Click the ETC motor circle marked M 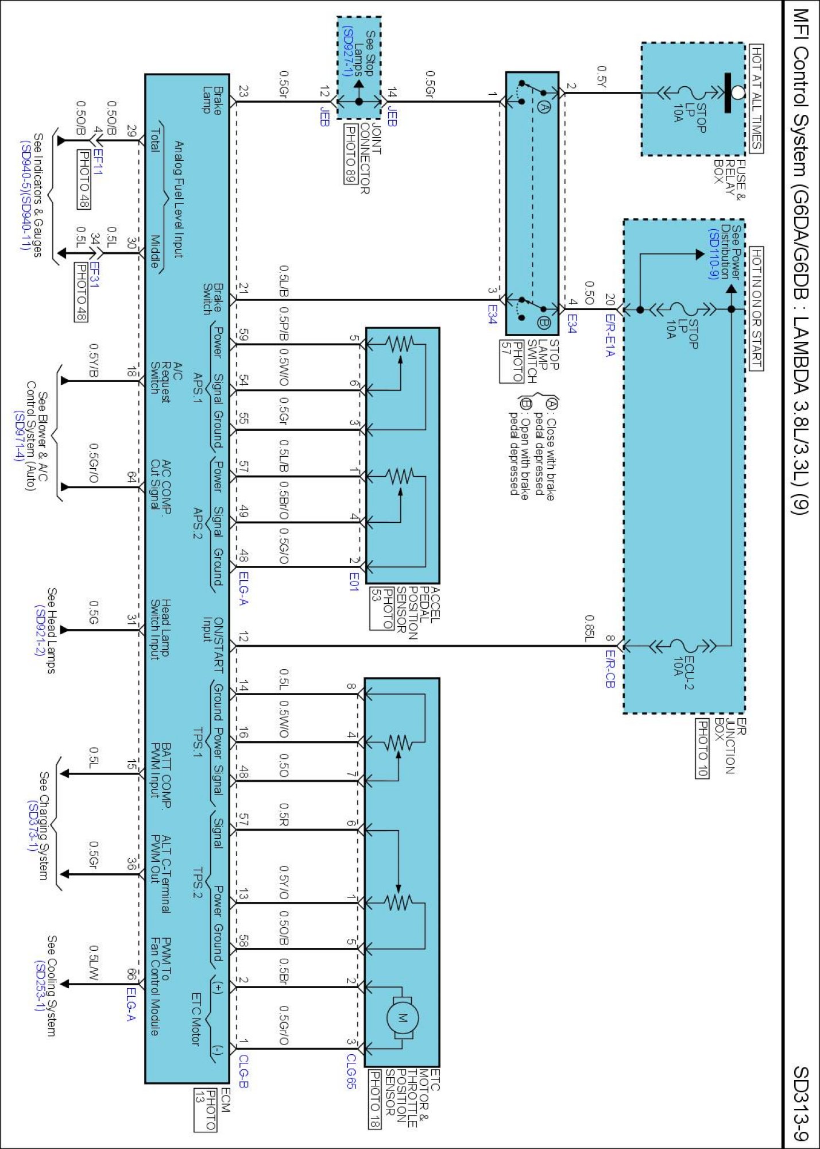click(x=402, y=1019)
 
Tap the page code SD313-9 click(x=800, y=1103)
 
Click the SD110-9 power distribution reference click(x=714, y=253)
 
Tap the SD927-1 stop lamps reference click(x=347, y=51)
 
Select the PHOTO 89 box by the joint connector click(x=350, y=154)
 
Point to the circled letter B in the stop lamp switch click(x=544, y=323)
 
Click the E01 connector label click(x=354, y=581)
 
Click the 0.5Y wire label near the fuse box click(x=601, y=76)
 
